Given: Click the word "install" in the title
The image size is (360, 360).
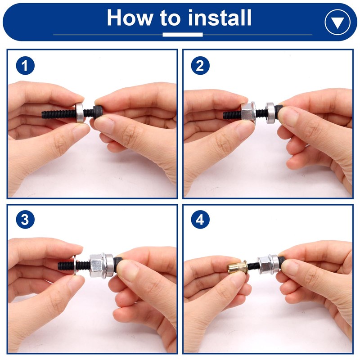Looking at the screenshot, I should click(219, 18).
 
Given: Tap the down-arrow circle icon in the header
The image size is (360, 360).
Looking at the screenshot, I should click(337, 22).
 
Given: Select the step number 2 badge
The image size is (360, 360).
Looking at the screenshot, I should click(200, 66).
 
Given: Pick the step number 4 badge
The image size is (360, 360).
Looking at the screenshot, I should click(200, 220).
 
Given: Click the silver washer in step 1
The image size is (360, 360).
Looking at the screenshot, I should click(80, 112).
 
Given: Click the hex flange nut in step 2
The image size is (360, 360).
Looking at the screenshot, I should click(248, 113).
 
